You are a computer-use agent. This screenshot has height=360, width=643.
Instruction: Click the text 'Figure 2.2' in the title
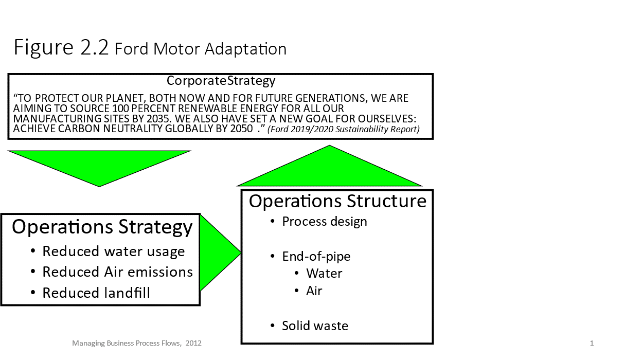(61, 48)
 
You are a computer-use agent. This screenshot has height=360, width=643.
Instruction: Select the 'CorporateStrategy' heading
(221, 81)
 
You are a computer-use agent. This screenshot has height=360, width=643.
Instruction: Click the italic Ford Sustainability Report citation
(344, 129)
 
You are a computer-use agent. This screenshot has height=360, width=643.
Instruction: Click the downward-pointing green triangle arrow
(99, 165)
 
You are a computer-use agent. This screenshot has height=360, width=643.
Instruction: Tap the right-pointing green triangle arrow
(219, 253)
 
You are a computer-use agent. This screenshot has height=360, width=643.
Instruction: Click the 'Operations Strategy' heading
(102, 227)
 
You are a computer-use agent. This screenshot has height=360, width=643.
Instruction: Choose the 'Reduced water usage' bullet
(113, 251)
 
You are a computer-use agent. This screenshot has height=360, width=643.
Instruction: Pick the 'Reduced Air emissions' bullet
(117, 272)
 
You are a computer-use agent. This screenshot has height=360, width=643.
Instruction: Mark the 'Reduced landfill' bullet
(96, 293)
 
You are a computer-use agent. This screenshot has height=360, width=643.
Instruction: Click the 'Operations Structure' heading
(337, 201)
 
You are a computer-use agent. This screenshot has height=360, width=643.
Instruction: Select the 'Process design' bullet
(325, 222)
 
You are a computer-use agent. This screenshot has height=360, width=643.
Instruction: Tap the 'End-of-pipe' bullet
(316, 256)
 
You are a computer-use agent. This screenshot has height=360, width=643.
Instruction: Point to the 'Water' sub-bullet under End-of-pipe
(324, 274)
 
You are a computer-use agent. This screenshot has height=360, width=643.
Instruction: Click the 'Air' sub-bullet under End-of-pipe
(314, 291)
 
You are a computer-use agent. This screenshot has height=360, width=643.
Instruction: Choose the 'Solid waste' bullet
(315, 326)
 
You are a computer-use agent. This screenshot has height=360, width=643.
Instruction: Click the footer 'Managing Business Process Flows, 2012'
(137, 343)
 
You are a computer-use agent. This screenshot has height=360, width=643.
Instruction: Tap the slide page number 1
(592, 343)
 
